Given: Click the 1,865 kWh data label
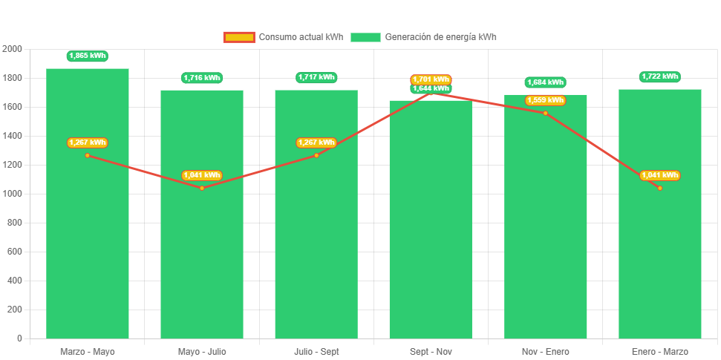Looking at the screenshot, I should [x=88, y=56].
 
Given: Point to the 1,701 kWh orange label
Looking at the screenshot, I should [x=431, y=79].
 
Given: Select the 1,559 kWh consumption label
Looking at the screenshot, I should [x=546, y=100].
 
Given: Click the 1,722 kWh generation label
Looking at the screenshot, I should [x=660, y=76].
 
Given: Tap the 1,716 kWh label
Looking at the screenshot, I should [x=202, y=78].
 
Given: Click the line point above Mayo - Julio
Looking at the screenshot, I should [x=202, y=188].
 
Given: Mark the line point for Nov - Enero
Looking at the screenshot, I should [x=546, y=113].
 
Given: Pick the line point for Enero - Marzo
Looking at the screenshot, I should [x=660, y=188].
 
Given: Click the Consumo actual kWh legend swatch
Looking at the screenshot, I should [x=239, y=37].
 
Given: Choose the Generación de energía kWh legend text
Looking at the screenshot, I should [x=441, y=37].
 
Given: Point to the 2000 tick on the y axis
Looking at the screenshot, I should [x=13, y=49].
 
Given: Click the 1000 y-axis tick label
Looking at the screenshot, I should [x=13, y=194].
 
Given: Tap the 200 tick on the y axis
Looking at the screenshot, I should [x=15, y=310].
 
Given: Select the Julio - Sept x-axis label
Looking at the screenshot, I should [x=316, y=351].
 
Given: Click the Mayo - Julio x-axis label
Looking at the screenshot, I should [x=202, y=351].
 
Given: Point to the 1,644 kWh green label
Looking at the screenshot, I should [x=431, y=89].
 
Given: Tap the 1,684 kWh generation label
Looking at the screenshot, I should [x=546, y=82].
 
